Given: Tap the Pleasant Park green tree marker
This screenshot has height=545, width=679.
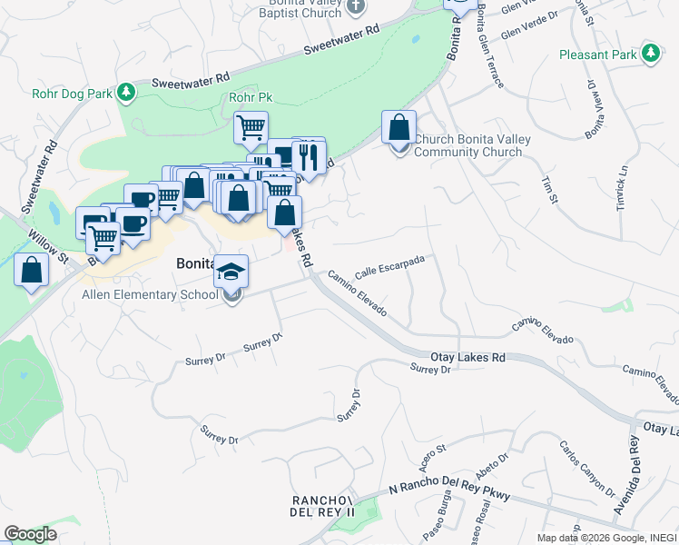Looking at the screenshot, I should [x=650, y=54].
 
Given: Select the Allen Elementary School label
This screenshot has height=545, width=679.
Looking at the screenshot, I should [x=150, y=294].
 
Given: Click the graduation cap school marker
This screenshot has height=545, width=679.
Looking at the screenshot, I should [x=231, y=271].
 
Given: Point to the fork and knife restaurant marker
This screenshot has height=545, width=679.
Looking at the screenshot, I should [x=309, y=156].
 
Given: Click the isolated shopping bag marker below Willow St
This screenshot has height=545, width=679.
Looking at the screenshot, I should [x=31, y=270].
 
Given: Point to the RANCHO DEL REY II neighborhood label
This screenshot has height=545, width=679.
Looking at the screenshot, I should [x=321, y=507].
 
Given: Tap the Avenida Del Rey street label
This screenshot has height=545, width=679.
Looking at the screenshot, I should [x=628, y=476].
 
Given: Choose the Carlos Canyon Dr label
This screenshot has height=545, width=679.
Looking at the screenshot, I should [x=586, y=470].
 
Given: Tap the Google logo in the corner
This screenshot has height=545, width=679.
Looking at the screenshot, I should [x=30, y=534].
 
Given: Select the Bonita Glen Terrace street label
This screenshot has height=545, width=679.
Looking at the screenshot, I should [x=488, y=45].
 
